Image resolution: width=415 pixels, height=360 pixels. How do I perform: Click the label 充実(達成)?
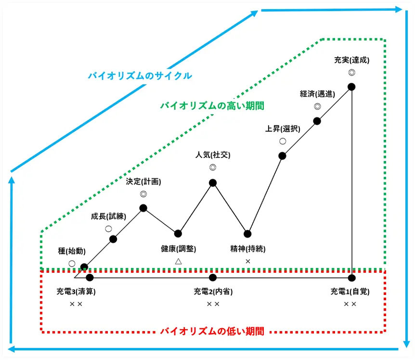click(351, 60)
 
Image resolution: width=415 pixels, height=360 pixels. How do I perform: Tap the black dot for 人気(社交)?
click(213, 183)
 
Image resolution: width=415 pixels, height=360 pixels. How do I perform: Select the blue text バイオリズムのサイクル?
click(140, 76)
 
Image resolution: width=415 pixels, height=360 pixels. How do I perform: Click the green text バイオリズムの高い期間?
click(212, 105)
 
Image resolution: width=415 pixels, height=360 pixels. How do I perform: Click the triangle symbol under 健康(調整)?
click(178, 261)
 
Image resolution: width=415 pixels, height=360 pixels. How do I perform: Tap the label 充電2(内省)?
click(213, 292)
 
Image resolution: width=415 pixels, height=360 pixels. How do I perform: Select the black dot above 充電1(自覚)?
click(351, 278)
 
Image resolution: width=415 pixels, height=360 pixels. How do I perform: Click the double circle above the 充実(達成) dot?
click(351, 72)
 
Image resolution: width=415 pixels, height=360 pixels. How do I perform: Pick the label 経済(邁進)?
click(317, 94)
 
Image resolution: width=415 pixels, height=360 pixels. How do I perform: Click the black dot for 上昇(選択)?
click(282, 156)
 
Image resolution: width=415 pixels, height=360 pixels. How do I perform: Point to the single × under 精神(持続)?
click(248, 261)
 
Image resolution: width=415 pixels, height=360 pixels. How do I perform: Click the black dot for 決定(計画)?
click(143, 208)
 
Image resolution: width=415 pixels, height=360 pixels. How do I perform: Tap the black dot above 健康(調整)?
click(178, 234)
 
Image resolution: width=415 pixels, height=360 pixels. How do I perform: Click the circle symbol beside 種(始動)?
click(72, 264)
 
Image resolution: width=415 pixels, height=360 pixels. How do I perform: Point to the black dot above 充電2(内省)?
click(213, 278)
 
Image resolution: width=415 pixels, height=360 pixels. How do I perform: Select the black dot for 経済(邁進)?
click(317, 120)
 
